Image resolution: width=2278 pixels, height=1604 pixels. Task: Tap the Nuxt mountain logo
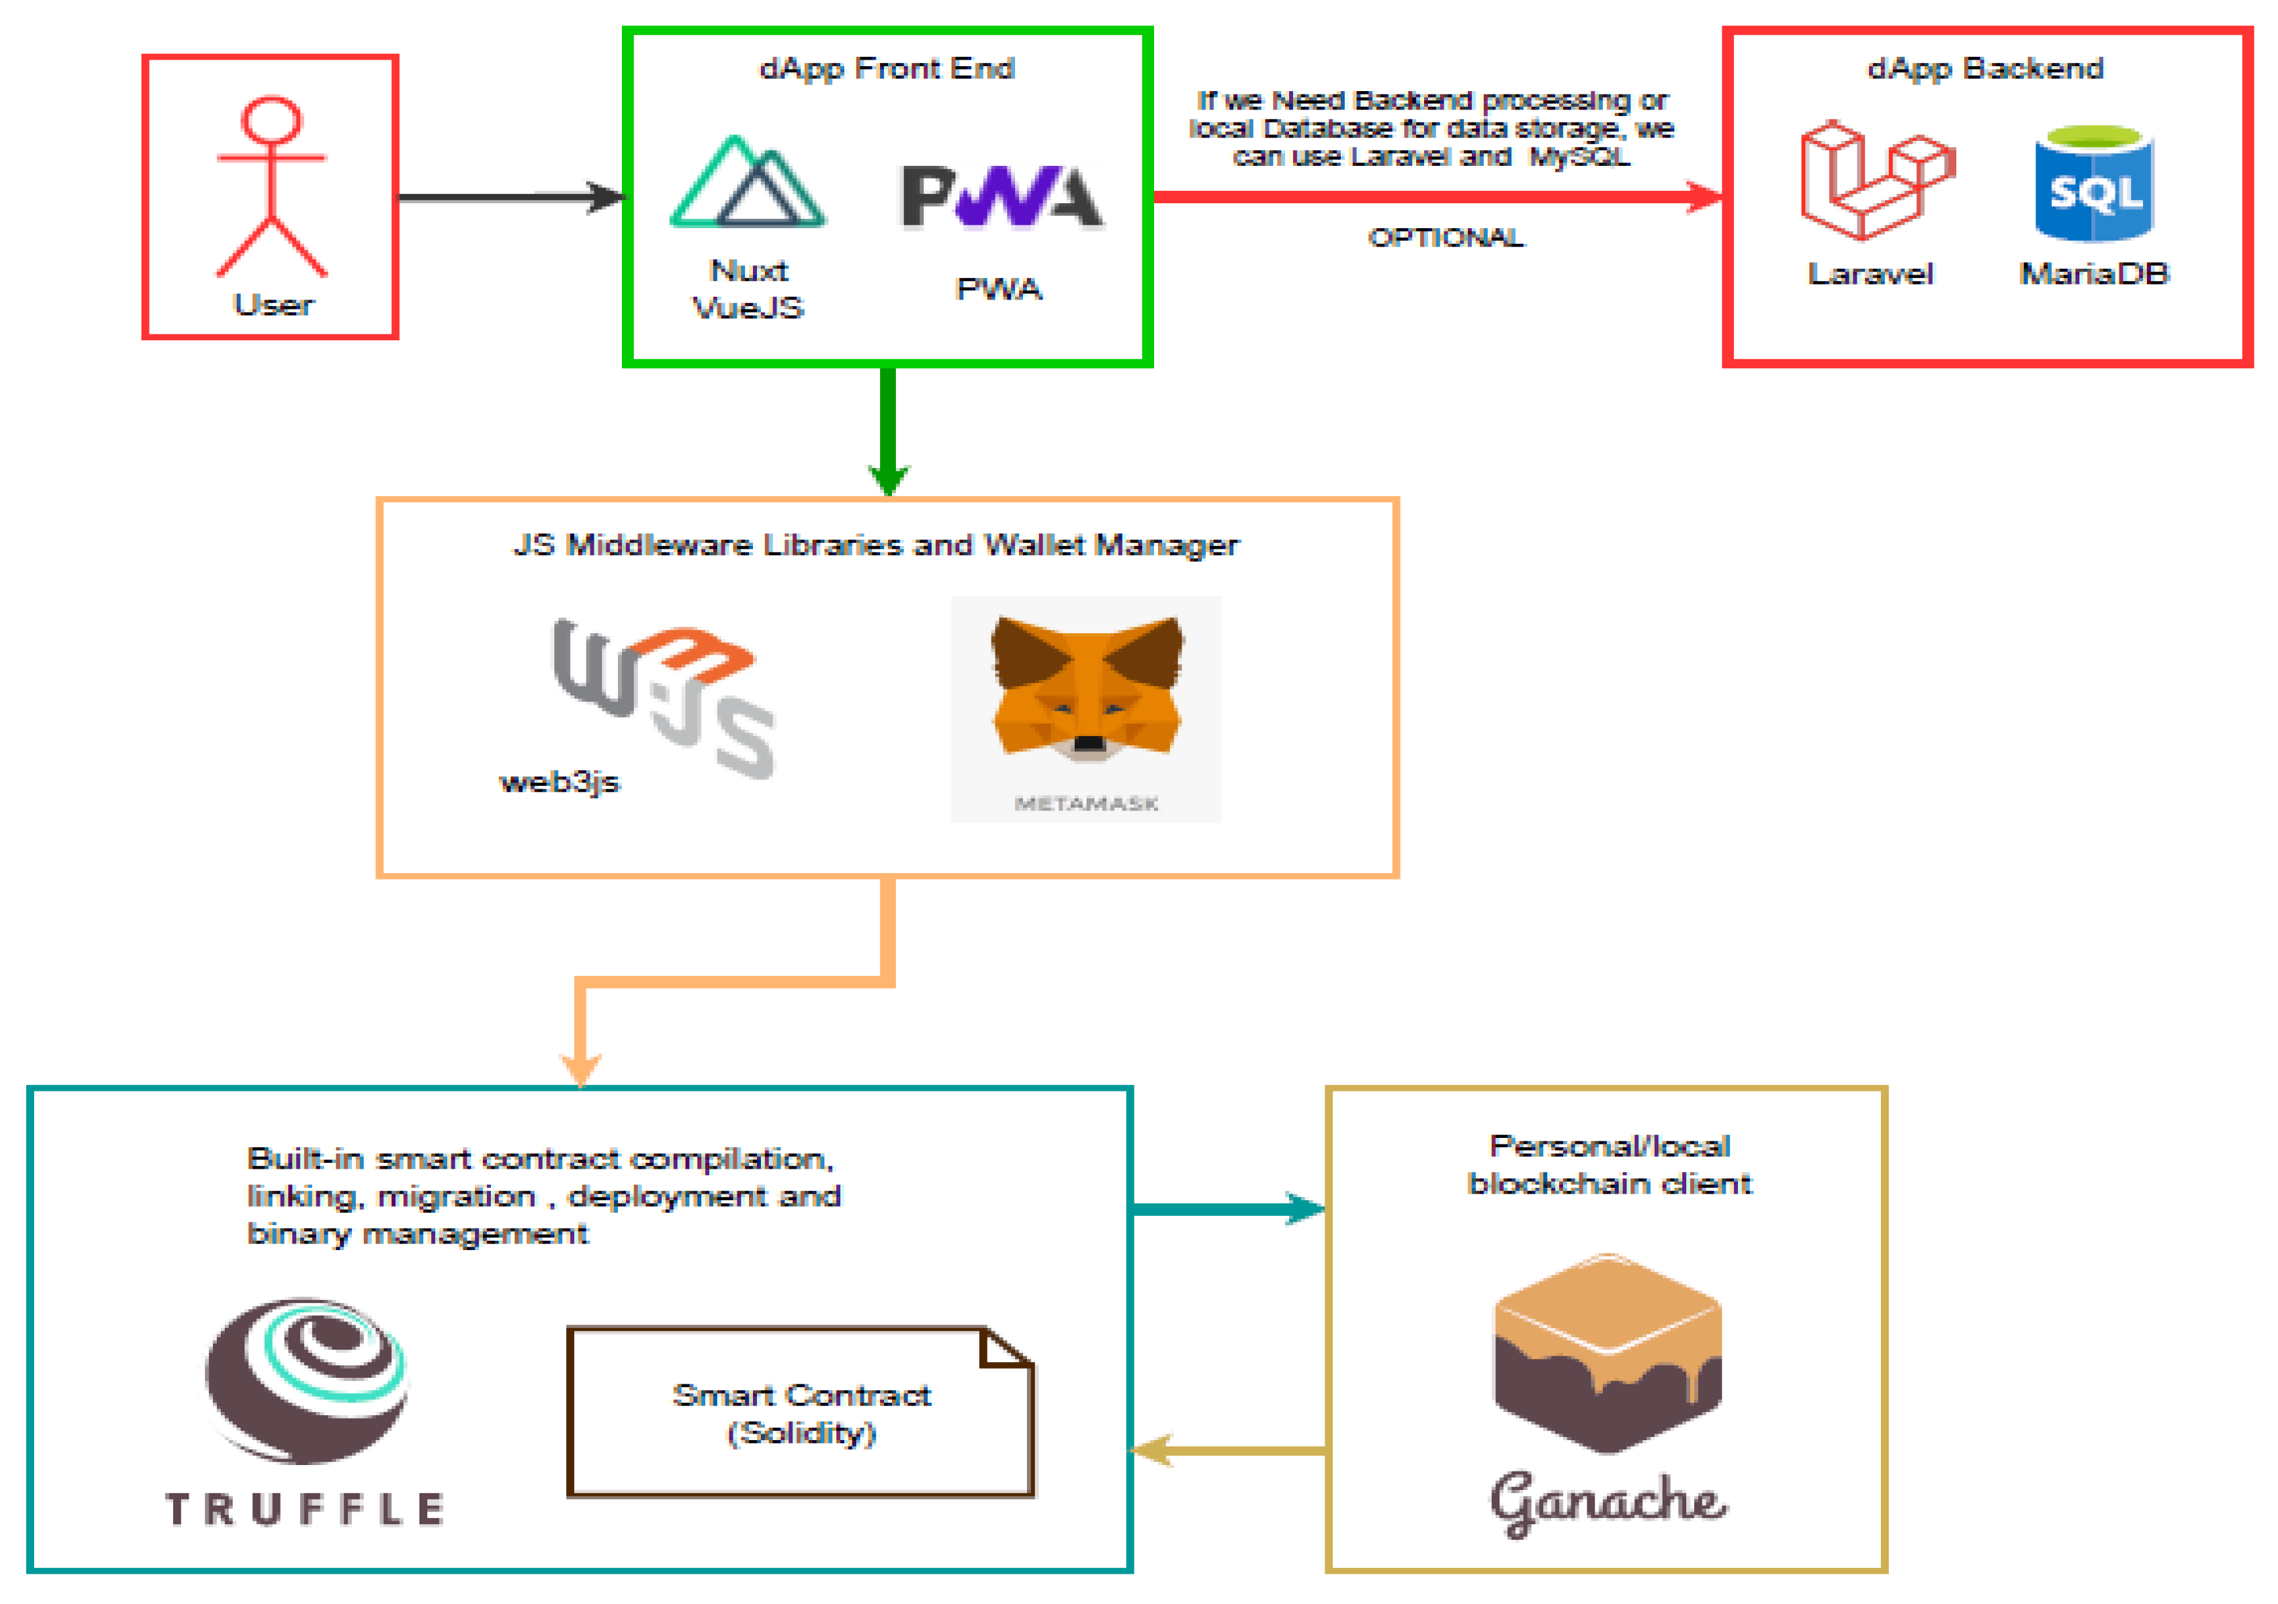coord(748,183)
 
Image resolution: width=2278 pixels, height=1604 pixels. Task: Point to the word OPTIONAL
coord(1446,237)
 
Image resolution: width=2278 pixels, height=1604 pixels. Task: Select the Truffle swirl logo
coord(307,1380)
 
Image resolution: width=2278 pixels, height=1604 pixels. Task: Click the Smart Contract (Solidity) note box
coord(801,1413)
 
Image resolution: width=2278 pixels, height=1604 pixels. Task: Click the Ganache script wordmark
coord(1608,1501)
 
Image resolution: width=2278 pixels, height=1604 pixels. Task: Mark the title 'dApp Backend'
coord(1985,68)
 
